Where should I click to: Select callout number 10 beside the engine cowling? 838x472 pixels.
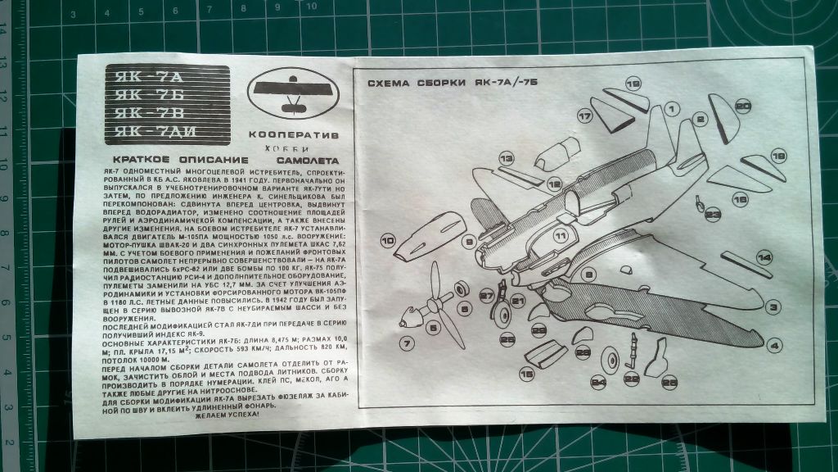click(387, 241)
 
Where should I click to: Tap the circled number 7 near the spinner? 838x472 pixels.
click(405, 342)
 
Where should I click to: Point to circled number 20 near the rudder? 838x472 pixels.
click(742, 106)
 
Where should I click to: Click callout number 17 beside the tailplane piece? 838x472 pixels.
click(584, 117)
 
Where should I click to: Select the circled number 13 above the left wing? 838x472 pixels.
click(507, 157)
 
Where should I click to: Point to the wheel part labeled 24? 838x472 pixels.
click(610, 360)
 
